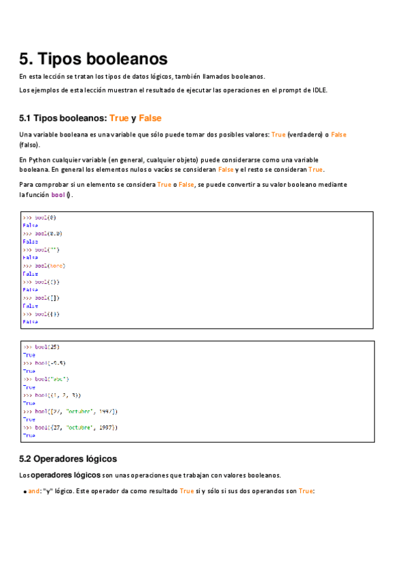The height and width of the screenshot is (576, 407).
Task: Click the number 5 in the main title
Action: click(25, 58)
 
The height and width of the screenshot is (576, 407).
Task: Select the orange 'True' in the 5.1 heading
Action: click(119, 118)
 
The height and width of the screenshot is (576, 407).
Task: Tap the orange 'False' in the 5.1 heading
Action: click(150, 118)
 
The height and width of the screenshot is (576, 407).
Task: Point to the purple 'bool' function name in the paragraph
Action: click(58, 195)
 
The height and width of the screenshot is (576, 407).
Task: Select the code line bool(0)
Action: click(40, 217)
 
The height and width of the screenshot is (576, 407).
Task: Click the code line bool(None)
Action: click(44, 266)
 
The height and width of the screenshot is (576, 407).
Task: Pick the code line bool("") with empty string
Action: click(41, 249)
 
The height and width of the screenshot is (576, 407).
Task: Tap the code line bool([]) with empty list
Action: click(41, 298)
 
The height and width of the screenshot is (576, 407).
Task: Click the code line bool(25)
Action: click(41, 347)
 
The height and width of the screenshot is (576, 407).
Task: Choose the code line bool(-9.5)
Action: click(44, 363)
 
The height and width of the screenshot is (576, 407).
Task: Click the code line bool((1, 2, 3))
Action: click(52, 395)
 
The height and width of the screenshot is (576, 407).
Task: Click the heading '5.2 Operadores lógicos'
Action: click(68, 458)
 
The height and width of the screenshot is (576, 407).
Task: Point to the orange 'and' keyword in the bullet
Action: click(33, 490)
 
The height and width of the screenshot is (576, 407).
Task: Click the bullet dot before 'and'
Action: click(24, 491)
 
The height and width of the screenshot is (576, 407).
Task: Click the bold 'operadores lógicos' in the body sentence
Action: click(66, 475)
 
